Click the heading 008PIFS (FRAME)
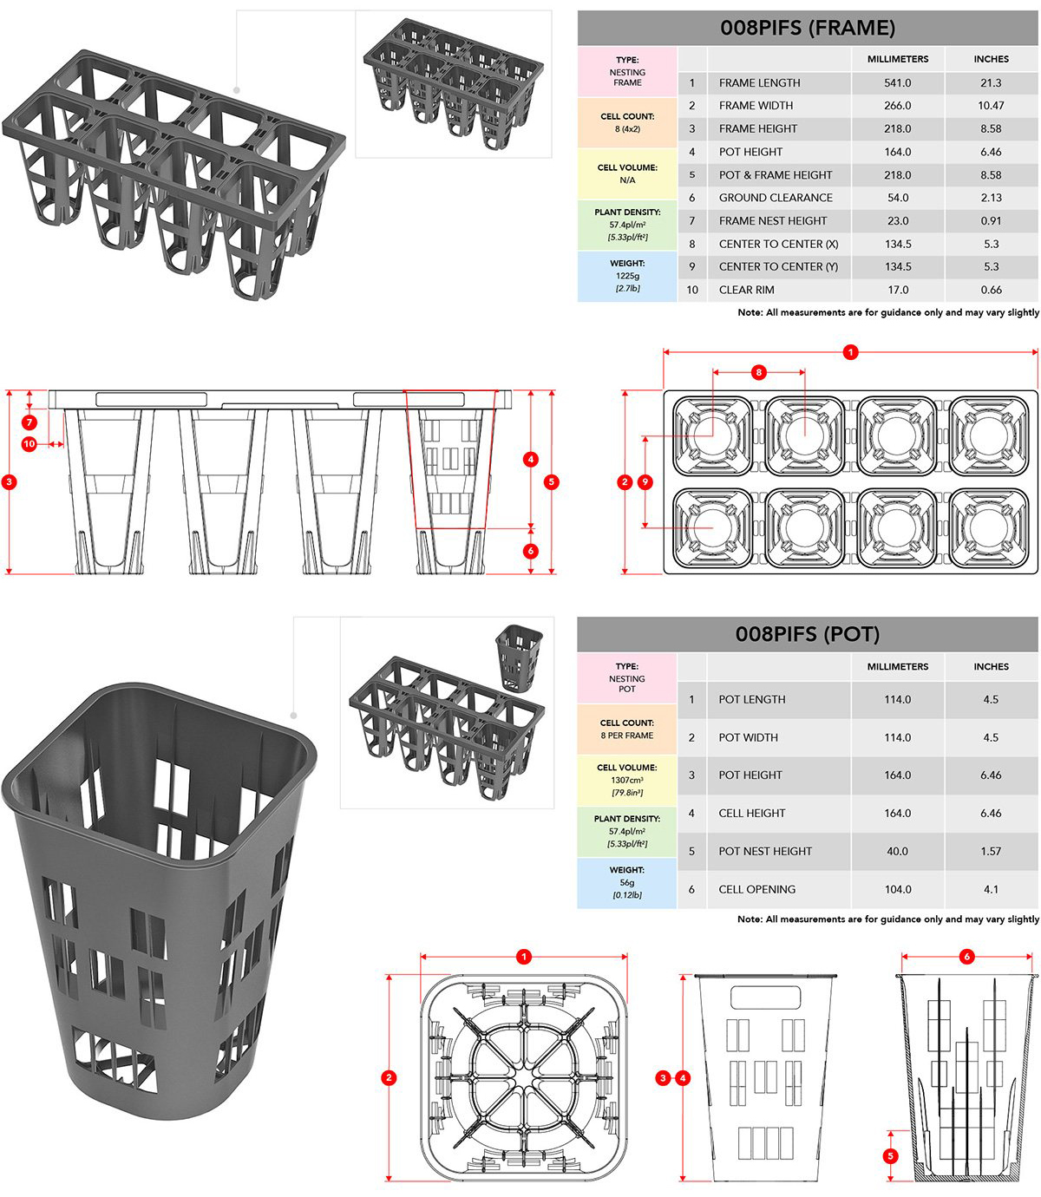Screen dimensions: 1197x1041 807,28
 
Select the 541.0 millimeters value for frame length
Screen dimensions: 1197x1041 897,83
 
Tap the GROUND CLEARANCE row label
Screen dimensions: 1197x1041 775,198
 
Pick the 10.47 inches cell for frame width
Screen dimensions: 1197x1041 991,106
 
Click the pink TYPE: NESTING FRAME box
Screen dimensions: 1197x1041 627,71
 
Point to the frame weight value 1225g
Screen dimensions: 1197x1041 627,276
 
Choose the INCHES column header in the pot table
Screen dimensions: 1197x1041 991,667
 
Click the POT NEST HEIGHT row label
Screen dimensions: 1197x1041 765,852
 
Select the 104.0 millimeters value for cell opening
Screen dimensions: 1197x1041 897,889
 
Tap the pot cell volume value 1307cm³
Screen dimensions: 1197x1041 627,780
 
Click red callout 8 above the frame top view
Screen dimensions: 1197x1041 759,372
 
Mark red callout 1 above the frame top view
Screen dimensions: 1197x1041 850,352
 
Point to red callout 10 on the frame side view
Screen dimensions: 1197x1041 29,444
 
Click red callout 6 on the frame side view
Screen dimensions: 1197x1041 531,551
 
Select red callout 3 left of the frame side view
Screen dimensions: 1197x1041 10,482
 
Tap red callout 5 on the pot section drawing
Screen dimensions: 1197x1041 890,1155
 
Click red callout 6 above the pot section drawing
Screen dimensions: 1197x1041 966,957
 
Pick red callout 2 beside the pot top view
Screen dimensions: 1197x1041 389,1077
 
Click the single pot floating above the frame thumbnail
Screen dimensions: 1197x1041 518,657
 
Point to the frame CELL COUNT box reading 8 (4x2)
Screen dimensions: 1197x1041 627,122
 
